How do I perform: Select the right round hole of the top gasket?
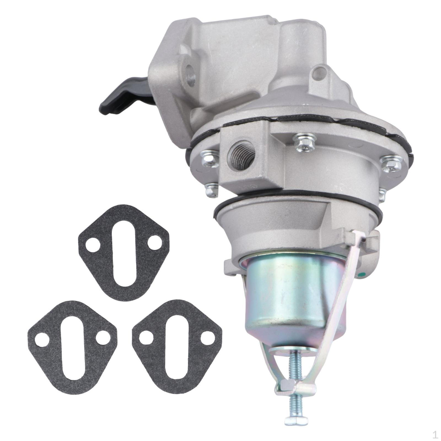[155, 243]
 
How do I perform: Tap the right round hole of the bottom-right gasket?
[207, 337]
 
